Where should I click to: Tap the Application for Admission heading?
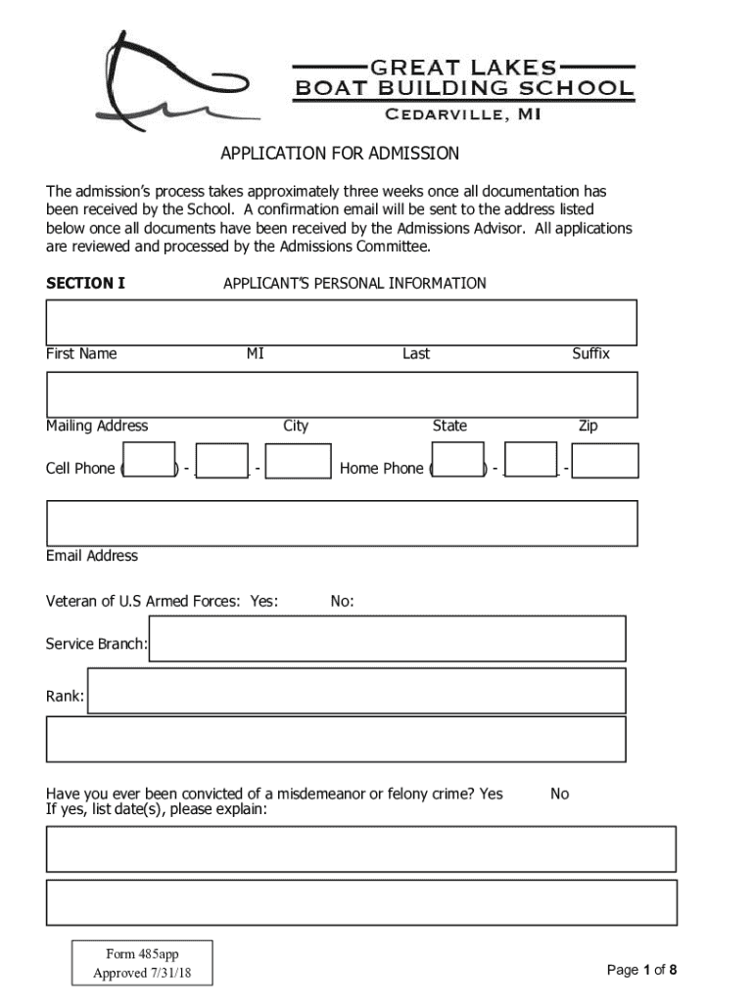[340, 154]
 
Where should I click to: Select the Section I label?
[86, 284]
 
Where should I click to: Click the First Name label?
[81, 353]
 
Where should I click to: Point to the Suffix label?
[590, 353]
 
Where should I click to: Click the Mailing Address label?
[97, 426]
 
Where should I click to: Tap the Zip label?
[588, 426]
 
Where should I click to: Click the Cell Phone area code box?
[150, 461]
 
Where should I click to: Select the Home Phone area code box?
[458, 461]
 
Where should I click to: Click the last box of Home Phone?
[605, 461]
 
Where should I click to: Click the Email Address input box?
[342, 523]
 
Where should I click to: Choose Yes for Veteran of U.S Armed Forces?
[263, 602]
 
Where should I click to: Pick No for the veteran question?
[342, 602]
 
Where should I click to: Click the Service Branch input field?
[387, 638]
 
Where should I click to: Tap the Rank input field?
[356, 691]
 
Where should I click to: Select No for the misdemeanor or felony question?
[559, 794]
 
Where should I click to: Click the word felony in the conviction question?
[409, 794]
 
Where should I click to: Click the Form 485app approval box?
[141, 963]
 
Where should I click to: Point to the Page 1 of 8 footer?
[641, 970]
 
